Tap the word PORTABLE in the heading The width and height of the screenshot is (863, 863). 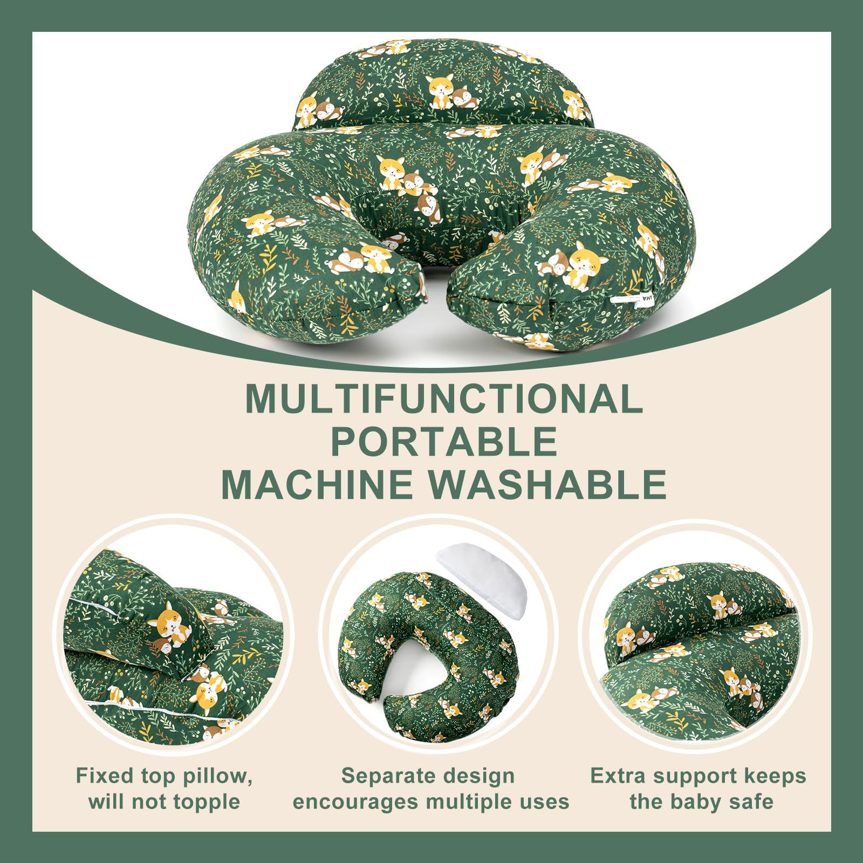point(443,442)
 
